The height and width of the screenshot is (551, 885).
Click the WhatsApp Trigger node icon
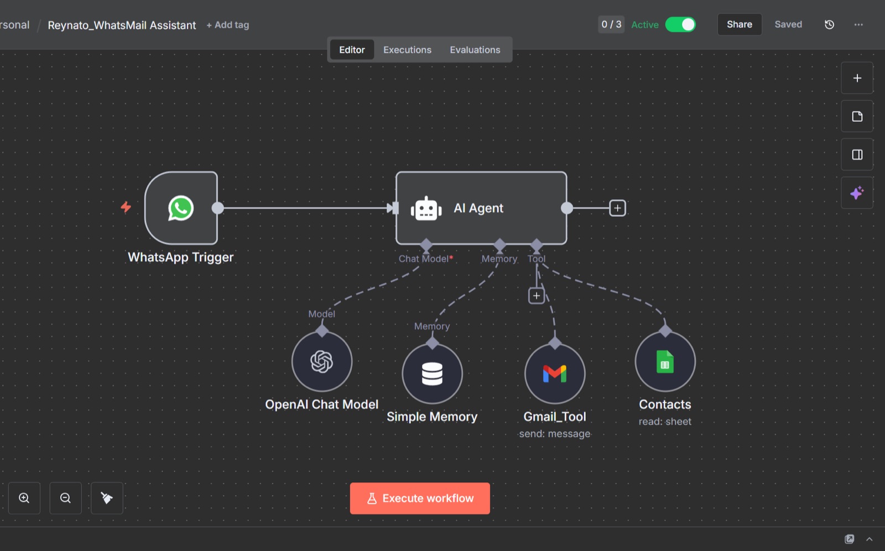click(181, 208)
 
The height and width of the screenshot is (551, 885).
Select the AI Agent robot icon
click(426, 209)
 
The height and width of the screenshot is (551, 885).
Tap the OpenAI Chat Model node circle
click(321, 361)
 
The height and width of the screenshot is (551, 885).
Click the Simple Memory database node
click(432, 373)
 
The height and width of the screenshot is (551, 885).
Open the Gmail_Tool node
click(555, 373)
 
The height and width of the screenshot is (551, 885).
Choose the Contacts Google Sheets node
click(665, 361)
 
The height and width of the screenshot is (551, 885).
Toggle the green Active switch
click(680, 24)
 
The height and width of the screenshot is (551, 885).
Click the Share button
click(739, 24)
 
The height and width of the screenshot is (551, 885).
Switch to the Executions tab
click(407, 50)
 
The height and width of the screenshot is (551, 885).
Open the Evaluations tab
click(475, 50)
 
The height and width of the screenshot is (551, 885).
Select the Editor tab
click(352, 50)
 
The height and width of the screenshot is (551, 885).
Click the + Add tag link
click(227, 25)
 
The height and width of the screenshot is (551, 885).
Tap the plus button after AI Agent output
click(617, 208)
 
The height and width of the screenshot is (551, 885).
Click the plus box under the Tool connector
click(536, 295)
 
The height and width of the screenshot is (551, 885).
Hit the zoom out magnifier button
click(66, 498)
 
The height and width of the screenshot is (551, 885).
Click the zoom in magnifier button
click(24, 498)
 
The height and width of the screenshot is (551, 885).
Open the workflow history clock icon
click(829, 24)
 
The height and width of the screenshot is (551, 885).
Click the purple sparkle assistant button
click(857, 193)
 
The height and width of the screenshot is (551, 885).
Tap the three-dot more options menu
click(858, 24)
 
